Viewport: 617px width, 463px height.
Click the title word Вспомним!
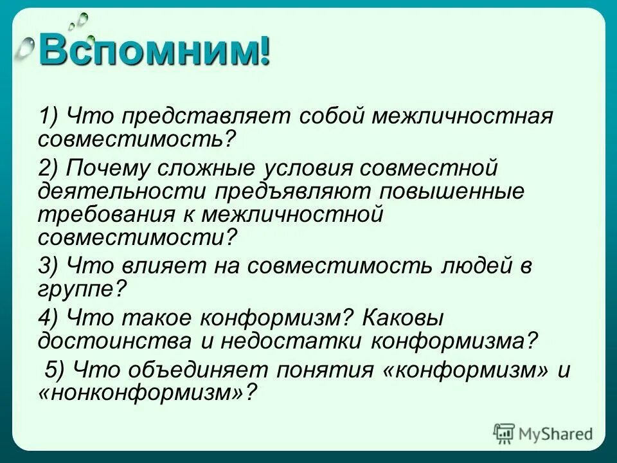click(x=154, y=52)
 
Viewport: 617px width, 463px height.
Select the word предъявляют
click(x=292, y=192)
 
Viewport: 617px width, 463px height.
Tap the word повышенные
click(x=452, y=192)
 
